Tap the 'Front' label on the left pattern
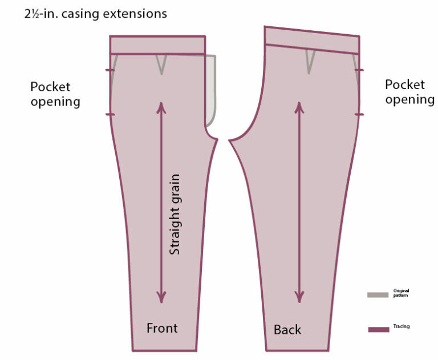pos(162,328)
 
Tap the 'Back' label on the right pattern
pos(287,330)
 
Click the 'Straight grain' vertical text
pos(175,214)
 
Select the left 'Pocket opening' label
pos(55,94)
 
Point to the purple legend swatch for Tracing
pos(378,329)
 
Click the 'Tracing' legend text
pos(401,327)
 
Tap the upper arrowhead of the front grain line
pos(162,107)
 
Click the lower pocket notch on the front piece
pos(110,115)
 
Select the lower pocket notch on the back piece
pos(359,115)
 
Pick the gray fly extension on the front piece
pos(211,91)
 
